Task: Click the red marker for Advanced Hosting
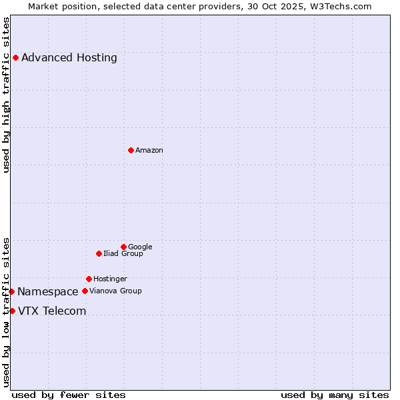point(15,57)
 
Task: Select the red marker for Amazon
point(131,150)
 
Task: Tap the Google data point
point(123,247)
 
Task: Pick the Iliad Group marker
point(99,253)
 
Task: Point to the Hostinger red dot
point(89,279)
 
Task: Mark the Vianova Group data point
point(85,291)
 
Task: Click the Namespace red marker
point(11,291)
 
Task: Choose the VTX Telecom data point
point(12,311)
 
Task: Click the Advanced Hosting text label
point(69,58)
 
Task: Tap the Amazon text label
point(149,151)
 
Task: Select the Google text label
point(140,247)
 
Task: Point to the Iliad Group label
point(123,254)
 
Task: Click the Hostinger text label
point(110,279)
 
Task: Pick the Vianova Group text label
point(115,291)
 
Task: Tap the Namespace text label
point(48,292)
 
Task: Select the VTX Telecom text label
point(52,311)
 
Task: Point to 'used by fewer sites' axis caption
point(69,395)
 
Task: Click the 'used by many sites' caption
point(335,395)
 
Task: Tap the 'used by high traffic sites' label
point(6,95)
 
